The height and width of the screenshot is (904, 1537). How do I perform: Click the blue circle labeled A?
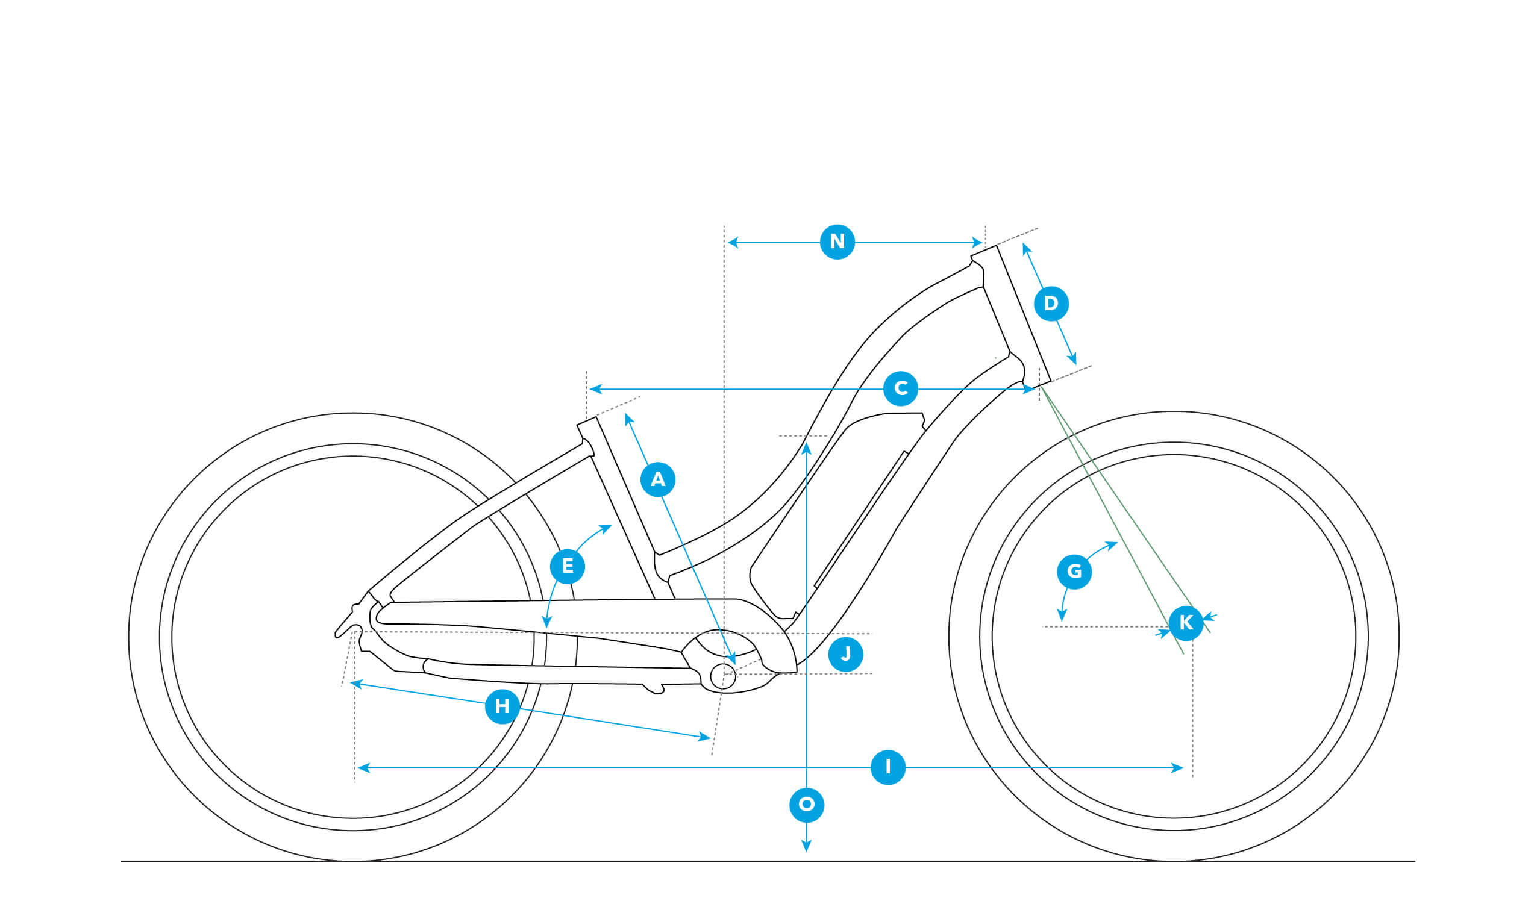657,480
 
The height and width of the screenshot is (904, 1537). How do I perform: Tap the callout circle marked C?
900,388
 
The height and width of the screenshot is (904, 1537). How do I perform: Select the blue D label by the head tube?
1051,304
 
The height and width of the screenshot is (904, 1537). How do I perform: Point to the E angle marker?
567,566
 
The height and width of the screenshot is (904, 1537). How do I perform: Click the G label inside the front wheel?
1074,572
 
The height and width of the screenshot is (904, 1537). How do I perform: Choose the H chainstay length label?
502,706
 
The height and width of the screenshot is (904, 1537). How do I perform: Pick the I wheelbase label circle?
887,767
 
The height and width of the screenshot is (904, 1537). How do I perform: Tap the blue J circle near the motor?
845,655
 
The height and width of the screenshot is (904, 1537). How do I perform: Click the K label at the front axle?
1186,623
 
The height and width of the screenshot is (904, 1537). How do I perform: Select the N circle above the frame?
837,242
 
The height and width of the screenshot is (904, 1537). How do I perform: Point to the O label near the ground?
806,805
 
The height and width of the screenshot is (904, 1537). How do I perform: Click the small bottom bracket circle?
723,676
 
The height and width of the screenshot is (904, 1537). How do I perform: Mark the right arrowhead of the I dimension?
1177,767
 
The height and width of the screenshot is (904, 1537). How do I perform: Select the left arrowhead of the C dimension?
595,389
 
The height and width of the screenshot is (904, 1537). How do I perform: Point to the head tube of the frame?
1010,316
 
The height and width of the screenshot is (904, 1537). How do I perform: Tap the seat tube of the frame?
626,509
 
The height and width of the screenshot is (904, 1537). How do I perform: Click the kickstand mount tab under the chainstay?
653,689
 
